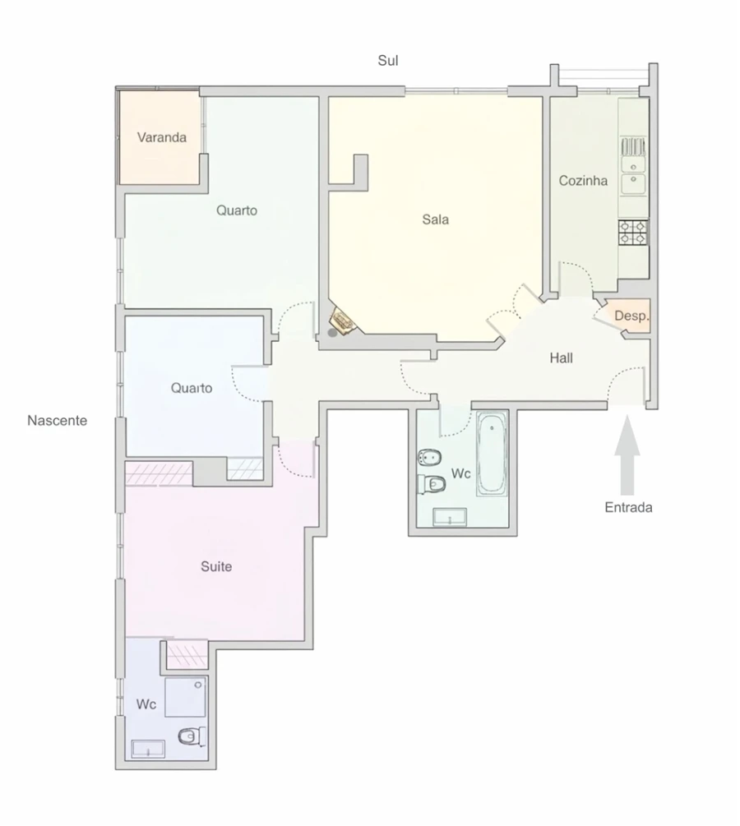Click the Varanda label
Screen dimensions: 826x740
(x=162, y=137)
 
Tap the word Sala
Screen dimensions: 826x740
(x=436, y=219)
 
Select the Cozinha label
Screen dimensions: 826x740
(x=583, y=181)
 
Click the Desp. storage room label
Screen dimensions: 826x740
(x=631, y=316)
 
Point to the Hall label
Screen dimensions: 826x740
(x=562, y=358)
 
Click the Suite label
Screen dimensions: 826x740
(x=216, y=566)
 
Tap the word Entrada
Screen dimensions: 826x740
(x=628, y=507)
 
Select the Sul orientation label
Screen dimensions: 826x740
(x=388, y=61)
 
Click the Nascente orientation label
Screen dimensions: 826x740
(x=57, y=421)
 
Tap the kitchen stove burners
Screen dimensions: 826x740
(x=633, y=233)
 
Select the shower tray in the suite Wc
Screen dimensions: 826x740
(x=185, y=697)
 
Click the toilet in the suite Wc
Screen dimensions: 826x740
(x=191, y=736)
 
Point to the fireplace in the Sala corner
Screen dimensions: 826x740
(x=341, y=321)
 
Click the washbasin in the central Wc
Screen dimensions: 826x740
(x=450, y=517)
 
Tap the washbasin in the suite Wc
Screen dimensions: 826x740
(x=149, y=749)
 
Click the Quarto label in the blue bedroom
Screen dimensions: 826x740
(x=192, y=388)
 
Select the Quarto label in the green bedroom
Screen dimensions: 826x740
(x=237, y=210)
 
